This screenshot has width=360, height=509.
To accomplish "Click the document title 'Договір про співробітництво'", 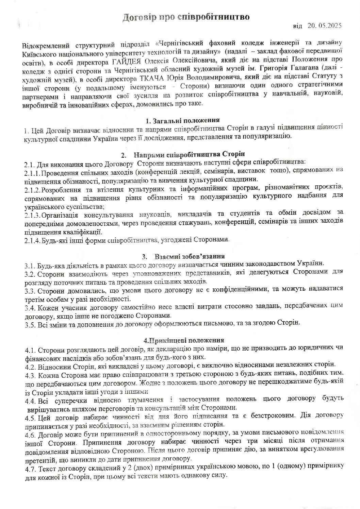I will (x=186, y=17).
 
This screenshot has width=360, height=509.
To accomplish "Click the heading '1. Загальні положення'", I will (x=182, y=120).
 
